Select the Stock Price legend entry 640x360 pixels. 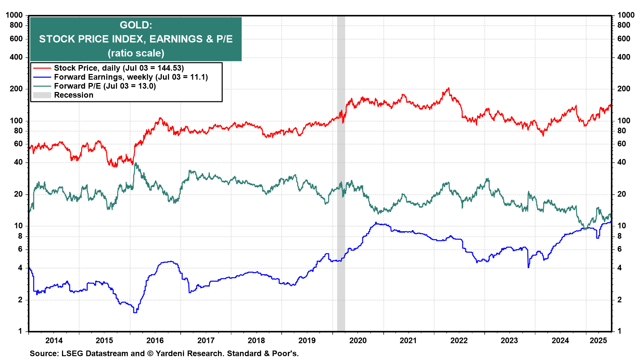(x=119, y=68)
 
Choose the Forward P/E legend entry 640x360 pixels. (x=105, y=86)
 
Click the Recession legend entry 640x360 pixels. (x=73, y=95)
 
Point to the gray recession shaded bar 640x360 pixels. (x=341, y=200)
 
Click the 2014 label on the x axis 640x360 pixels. (x=54, y=340)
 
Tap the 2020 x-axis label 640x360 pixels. (x=358, y=340)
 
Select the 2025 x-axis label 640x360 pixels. (x=599, y=340)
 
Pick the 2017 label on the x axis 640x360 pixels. (x=206, y=340)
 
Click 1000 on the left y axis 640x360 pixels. (x=14, y=15)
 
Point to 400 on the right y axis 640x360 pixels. (x=624, y=57)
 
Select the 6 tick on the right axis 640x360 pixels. (x=620, y=249)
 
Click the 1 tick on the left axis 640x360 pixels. (x=20, y=331)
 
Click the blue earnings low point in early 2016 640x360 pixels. (x=135, y=312)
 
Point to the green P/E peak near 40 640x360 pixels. (x=135, y=163)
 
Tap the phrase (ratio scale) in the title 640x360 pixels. (x=136, y=53)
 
